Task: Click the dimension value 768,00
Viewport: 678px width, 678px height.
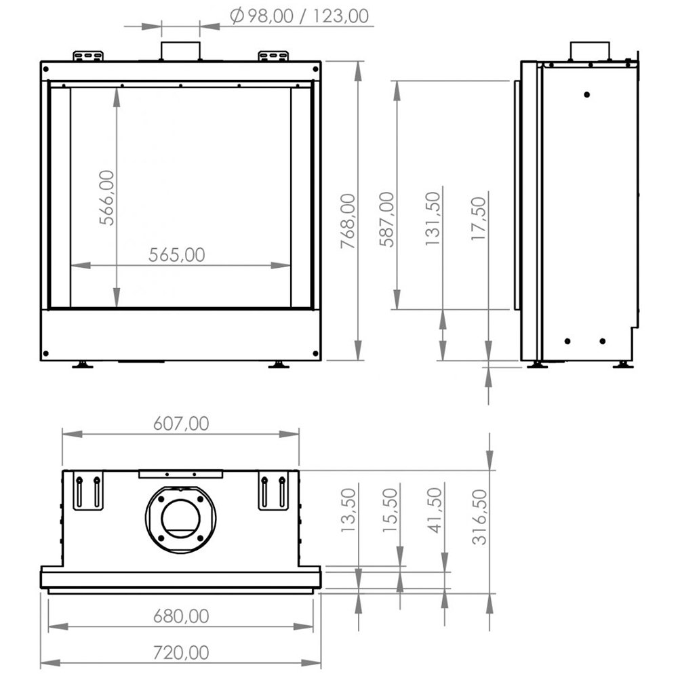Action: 348,221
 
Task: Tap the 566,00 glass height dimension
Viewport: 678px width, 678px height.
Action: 107,197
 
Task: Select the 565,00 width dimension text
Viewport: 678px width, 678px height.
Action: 176,255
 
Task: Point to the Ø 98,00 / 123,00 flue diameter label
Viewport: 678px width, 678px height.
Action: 299,16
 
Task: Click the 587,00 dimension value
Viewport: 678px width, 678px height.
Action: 387,219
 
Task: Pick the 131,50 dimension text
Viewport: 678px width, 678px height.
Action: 433,219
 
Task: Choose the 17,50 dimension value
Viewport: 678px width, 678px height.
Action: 479,218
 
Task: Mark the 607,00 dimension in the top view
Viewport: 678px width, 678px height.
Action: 181,423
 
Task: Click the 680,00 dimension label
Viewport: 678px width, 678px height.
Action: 181,616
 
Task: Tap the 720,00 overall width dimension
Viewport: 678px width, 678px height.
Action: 181,652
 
